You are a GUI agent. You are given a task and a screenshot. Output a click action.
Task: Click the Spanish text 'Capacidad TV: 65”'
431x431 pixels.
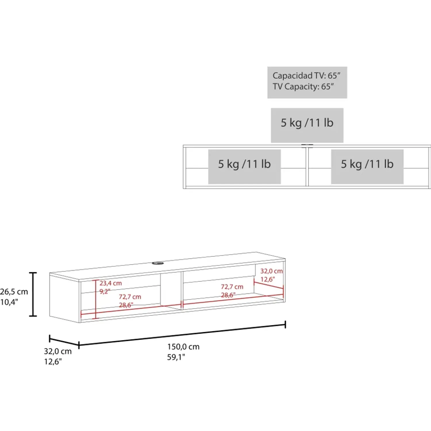point(306,76)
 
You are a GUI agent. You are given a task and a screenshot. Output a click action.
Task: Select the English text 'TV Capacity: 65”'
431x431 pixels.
point(303,86)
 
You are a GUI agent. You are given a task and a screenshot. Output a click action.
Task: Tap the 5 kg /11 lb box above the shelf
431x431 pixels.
point(307,125)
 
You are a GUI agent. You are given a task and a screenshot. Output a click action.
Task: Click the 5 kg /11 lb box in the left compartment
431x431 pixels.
point(245,167)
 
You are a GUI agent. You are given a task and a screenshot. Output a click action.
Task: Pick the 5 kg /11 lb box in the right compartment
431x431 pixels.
point(367,167)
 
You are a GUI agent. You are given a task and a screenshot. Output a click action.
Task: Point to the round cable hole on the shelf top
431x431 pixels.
point(158,263)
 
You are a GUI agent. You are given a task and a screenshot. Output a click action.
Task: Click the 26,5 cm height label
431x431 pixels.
point(14,292)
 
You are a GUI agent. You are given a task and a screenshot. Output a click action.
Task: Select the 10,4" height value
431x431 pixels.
point(9,302)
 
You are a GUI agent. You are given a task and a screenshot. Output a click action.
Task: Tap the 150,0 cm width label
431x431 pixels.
point(183,347)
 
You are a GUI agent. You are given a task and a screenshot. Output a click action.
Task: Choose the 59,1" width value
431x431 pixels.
point(176,357)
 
